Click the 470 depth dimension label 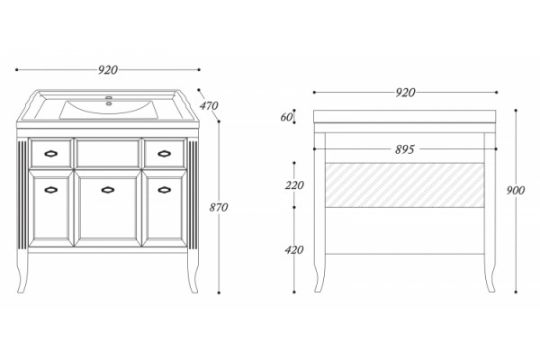(209, 105)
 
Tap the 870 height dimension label (219, 207)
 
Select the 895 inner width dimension (405, 149)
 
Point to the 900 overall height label (516, 190)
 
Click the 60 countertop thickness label (286, 118)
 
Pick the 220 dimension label (294, 185)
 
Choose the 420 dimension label (294, 250)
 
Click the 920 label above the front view (108, 70)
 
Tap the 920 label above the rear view (405, 93)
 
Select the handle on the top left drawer (51, 154)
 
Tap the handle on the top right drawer (165, 154)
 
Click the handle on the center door (108, 190)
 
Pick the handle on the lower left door (51, 190)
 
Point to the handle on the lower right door (165, 190)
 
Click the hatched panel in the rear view (405, 185)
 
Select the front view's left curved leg (22, 272)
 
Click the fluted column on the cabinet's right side (193, 194)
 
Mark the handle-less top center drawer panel (108, 153)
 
